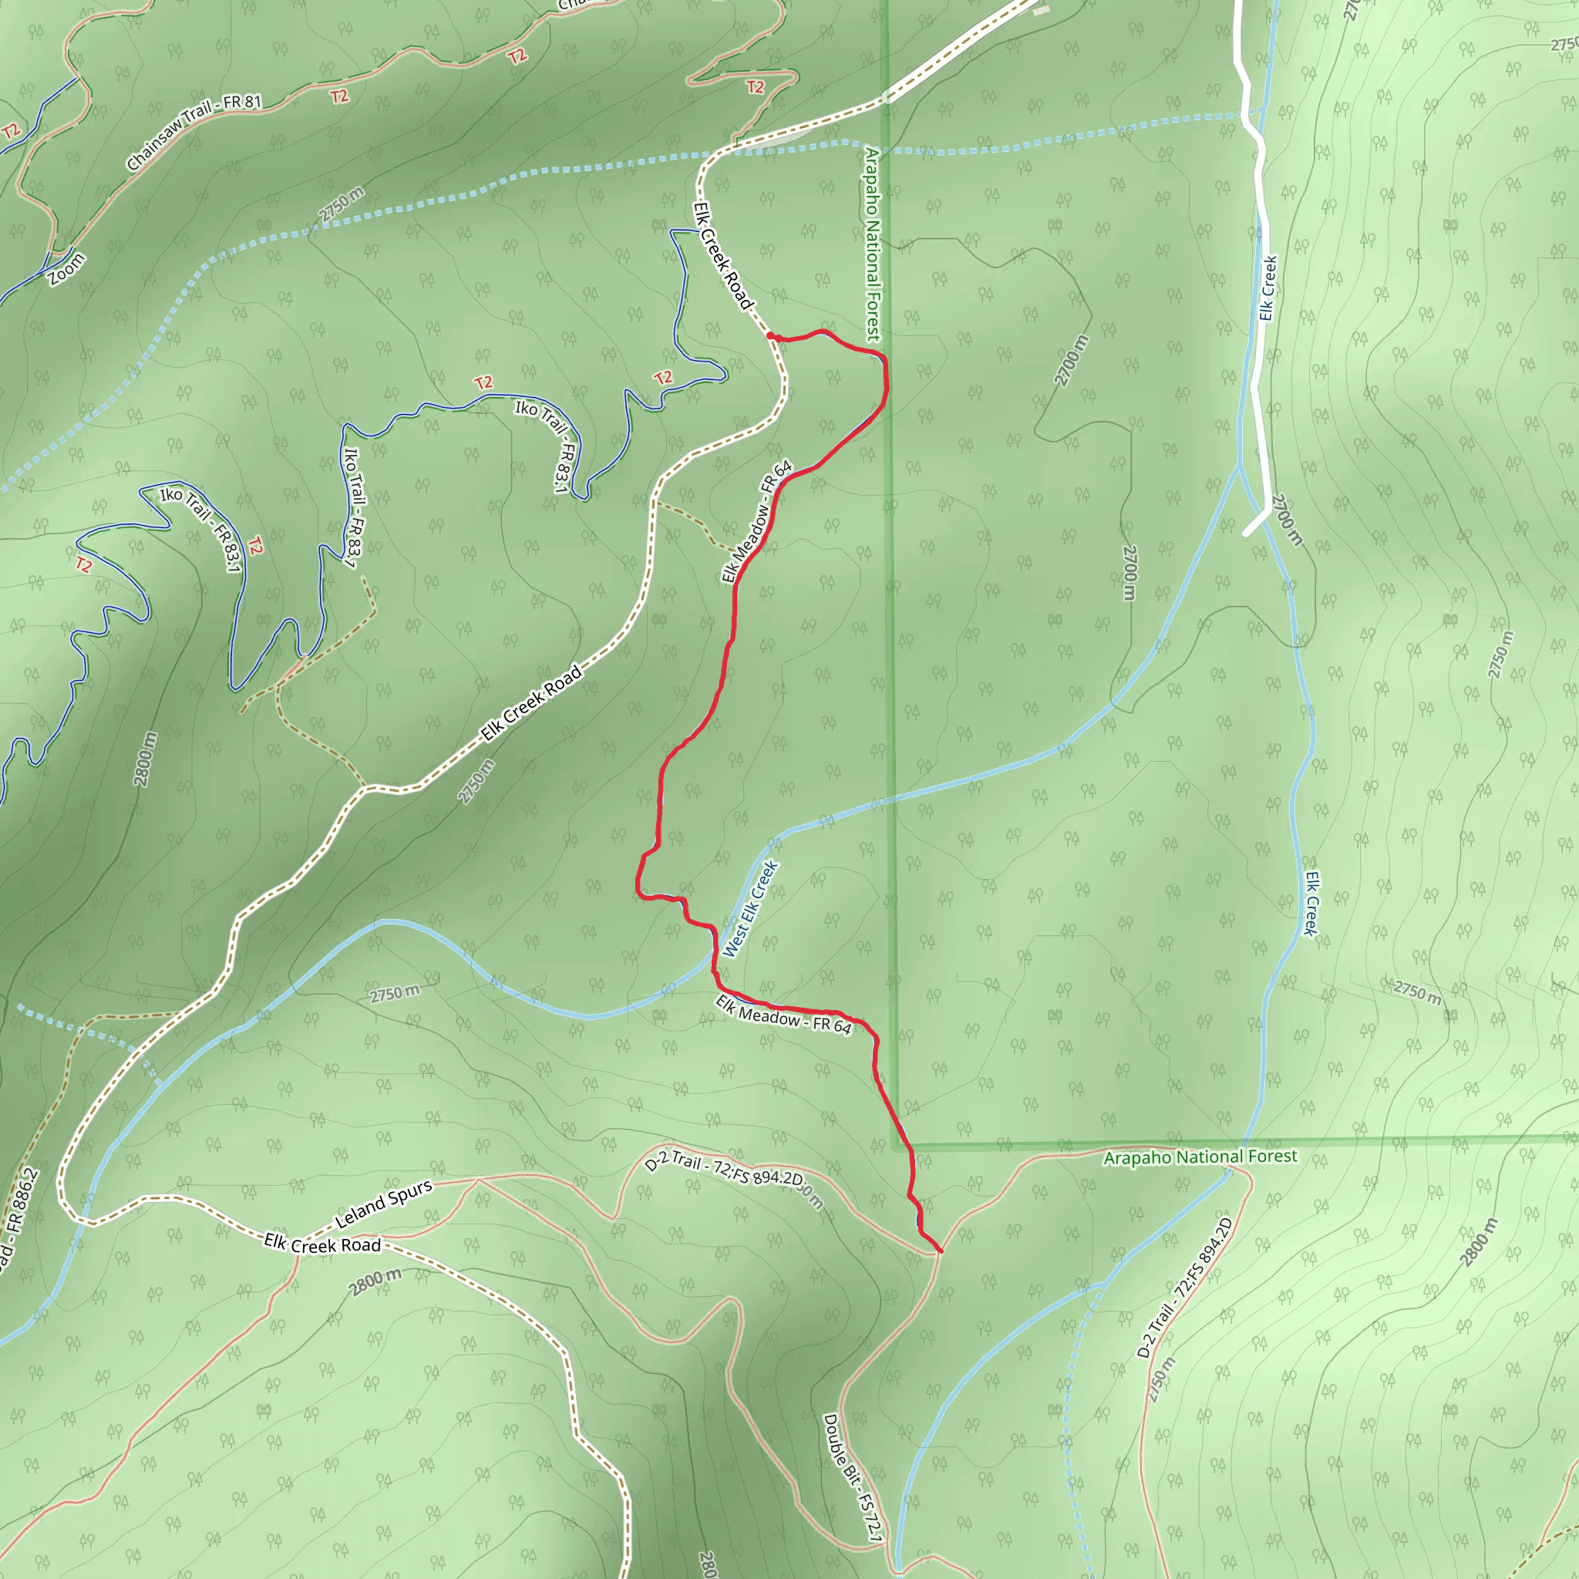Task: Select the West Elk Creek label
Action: click(749, 909)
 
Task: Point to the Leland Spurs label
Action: click(383, 1204)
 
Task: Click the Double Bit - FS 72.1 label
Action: click(853, 1478)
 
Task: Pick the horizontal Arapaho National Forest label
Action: click(1200, 1156)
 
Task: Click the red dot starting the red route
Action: click(770, 335)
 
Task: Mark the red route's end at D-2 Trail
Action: click(941, 1251)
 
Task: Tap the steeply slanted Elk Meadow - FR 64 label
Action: click(757, 521)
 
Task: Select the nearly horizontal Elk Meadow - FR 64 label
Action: click(783, 1015)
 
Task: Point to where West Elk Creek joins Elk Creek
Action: click(1239, 467)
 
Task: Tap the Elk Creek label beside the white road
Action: click(1268, 288)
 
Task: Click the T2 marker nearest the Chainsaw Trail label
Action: click(339, 96)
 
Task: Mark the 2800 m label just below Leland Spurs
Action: click(376, 1281)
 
